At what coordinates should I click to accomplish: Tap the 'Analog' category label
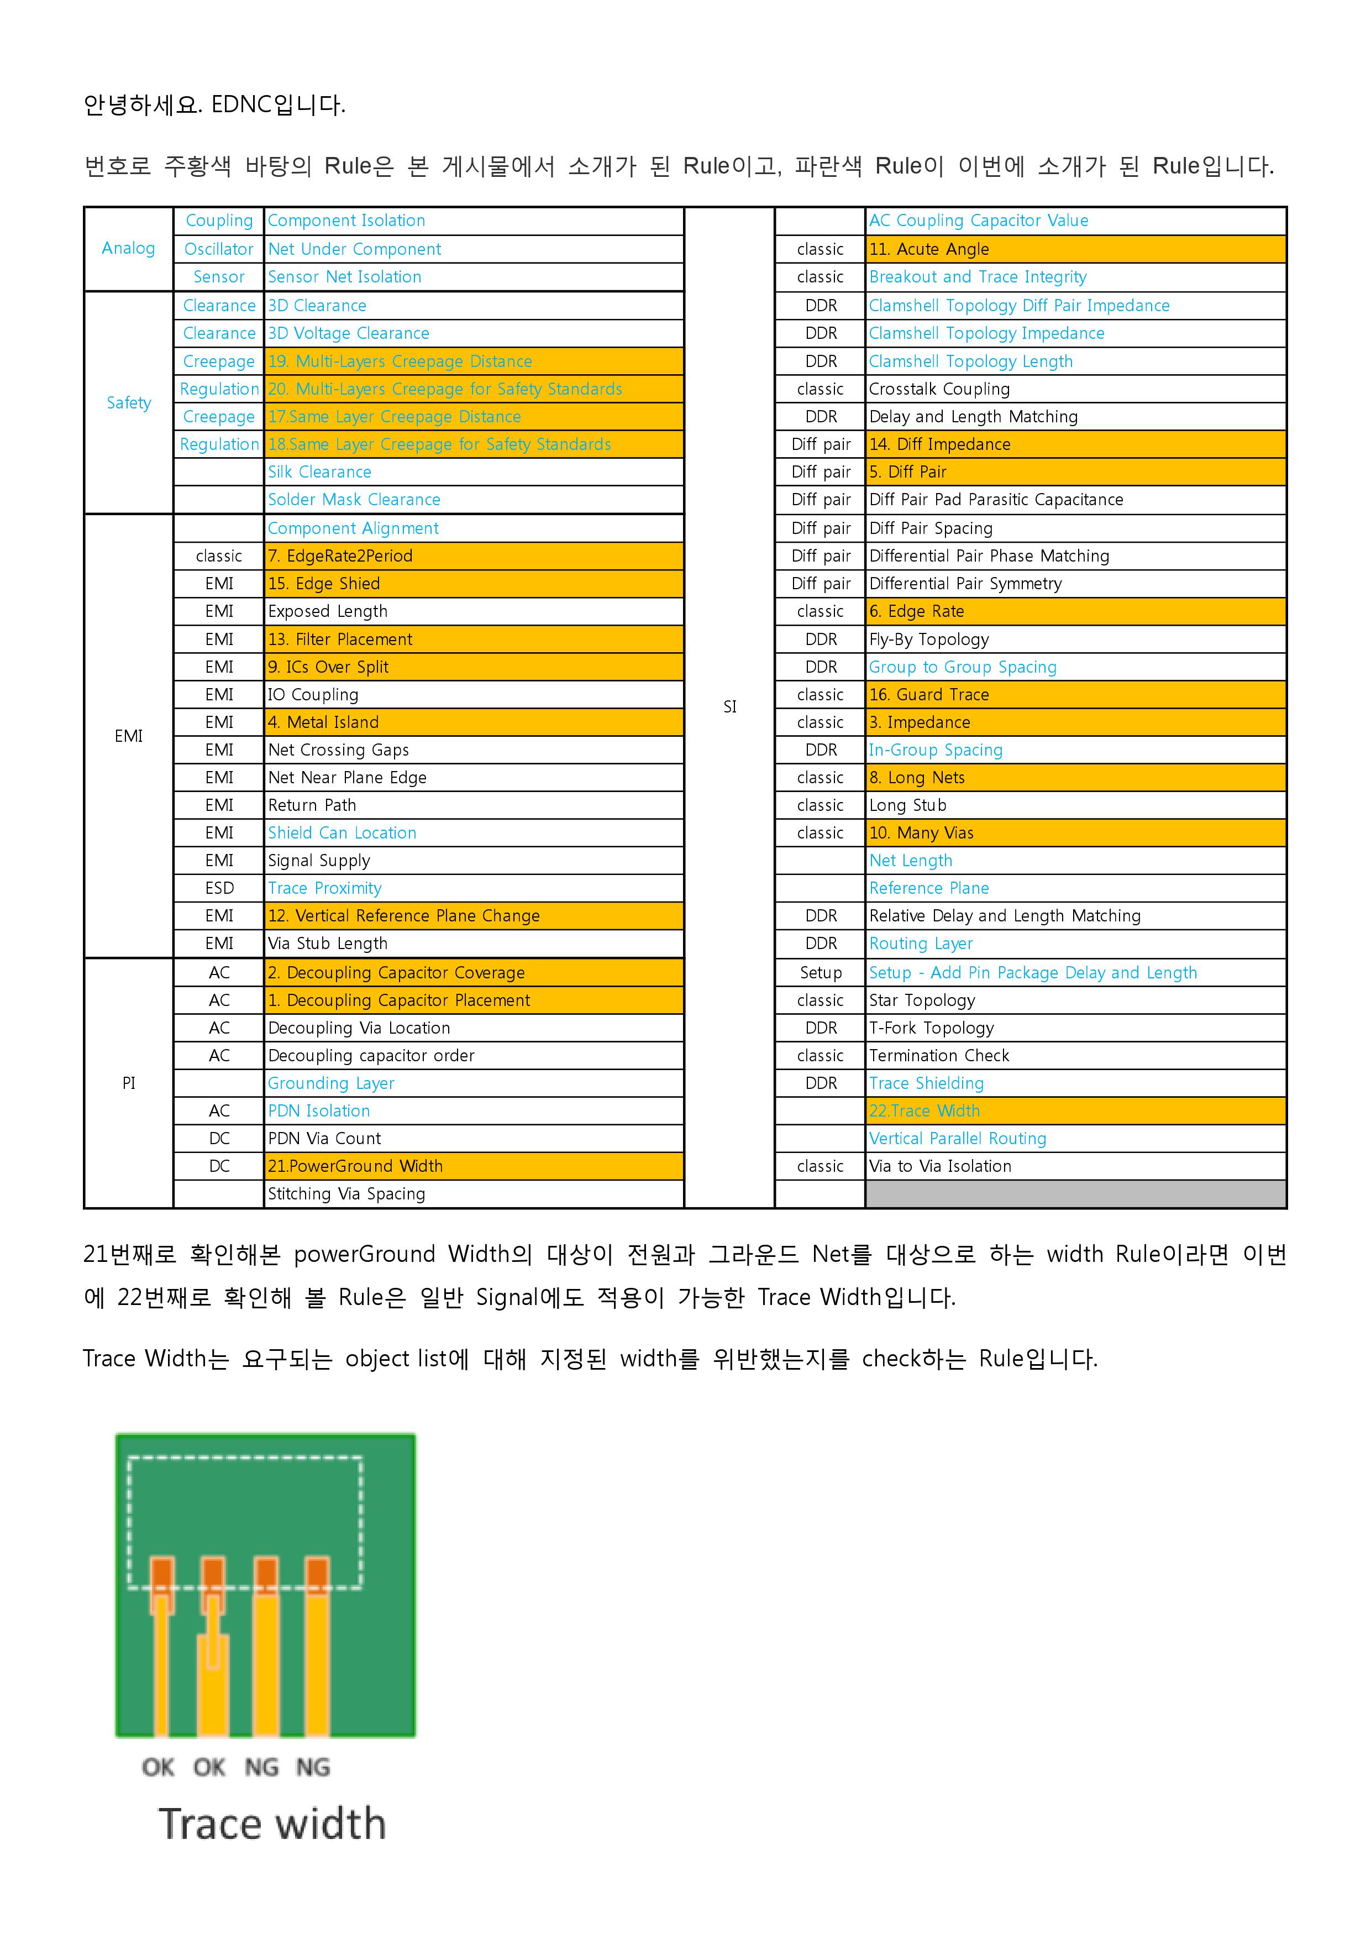128,248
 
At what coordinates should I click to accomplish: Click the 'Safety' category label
128,403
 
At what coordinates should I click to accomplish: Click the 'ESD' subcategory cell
219,888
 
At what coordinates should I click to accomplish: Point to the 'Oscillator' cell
219,249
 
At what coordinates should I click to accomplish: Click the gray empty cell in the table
1075,1194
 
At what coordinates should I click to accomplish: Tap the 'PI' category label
128,1083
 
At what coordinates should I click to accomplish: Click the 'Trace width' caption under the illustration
272,1824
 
